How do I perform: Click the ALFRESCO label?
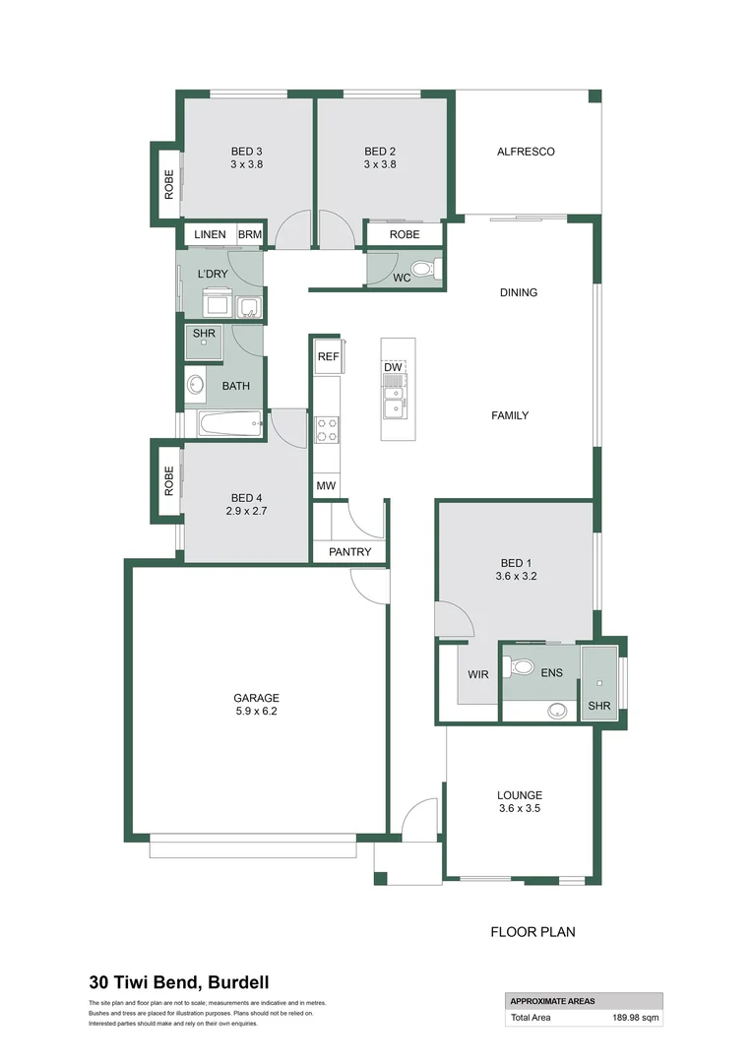click(x=526, y=152)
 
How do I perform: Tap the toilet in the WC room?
click(x=421, y=268)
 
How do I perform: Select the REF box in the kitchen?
click(x=328, y=357)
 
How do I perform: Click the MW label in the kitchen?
click(x=326, y=486)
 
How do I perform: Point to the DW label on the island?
click(x=394, y=367)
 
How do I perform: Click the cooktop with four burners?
click(x=327, y=429)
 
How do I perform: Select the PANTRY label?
click(x=350, y=552)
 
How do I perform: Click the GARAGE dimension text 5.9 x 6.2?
click(x=257, y=711)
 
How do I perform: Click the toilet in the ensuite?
click(x=517, y=666)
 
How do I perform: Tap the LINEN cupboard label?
click(x=210, y=235)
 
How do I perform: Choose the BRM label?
click(x=250, y=235)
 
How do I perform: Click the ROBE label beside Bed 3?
click(x=169, y=184)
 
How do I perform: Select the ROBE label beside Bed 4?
click(x=169, y=480)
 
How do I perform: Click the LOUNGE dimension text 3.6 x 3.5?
click(x=519, y=809)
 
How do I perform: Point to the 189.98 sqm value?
click(x=634, y=1019)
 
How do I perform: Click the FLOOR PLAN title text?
click(x=533, y=931)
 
